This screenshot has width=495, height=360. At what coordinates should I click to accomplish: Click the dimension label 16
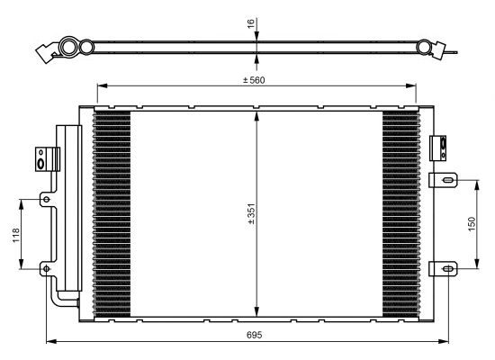[251, 23]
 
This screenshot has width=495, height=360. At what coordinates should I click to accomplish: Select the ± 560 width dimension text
[254, 80]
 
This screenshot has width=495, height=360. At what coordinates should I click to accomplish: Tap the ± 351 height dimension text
[251, 214]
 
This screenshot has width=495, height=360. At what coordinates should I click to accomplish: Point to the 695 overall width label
[254, 335]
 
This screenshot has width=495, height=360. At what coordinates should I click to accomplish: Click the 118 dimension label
[16, 235]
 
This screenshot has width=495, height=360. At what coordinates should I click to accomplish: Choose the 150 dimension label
[472, 224]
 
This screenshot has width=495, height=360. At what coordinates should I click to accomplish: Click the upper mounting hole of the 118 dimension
[47, 199]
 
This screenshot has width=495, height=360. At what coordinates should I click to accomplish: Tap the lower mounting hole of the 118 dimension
[47, 269]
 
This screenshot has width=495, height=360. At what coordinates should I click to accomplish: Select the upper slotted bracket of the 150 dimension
[443, 180]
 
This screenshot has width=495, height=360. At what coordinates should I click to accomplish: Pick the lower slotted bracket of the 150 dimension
[443, 269]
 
